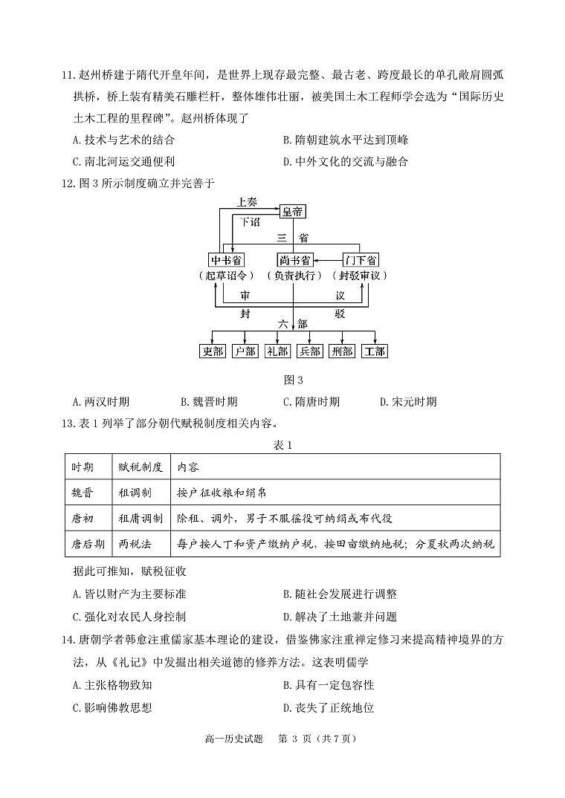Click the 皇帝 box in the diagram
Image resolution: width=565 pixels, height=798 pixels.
click(x=293, y=212)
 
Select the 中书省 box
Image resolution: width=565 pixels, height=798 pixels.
click(x=227, y=259)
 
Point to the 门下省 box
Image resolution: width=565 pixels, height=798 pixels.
click(x=361, y=259)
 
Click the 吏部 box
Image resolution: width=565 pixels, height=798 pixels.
click(x=213, y=351)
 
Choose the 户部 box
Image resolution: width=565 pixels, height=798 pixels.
click(x=245, y=351)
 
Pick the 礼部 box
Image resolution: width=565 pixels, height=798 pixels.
click(x=277, y=351)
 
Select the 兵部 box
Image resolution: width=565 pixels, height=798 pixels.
click(x=309, y=351)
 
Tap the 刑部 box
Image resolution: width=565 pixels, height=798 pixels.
click(x=342, y=351)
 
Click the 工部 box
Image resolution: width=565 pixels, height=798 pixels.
click(x=374, y=351)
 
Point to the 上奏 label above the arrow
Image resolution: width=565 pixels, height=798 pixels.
click(x=248, y=201)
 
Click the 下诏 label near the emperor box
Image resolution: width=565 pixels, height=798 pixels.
click(x=251, y=221)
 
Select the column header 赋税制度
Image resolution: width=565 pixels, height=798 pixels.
click(x=141, y=467)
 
